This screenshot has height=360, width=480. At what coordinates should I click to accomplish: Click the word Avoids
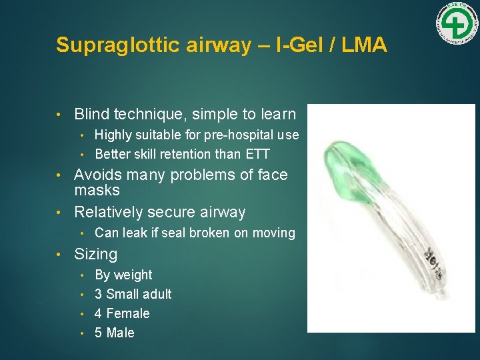click(x=99, y=175)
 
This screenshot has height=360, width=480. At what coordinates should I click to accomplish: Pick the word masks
click(x=97, y=191)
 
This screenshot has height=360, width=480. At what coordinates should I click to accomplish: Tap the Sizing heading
click(x=95, y=254)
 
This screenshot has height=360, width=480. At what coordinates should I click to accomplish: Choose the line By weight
click(x=123, y=275)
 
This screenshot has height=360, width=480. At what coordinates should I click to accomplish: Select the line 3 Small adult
click(x=133, y=294)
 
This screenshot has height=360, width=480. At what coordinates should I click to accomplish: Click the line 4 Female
click(x=122, y=313)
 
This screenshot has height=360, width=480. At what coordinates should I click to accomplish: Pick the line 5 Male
click(x=115, y=333)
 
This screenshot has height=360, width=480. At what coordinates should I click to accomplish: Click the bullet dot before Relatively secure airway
click(x=59, y=213)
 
